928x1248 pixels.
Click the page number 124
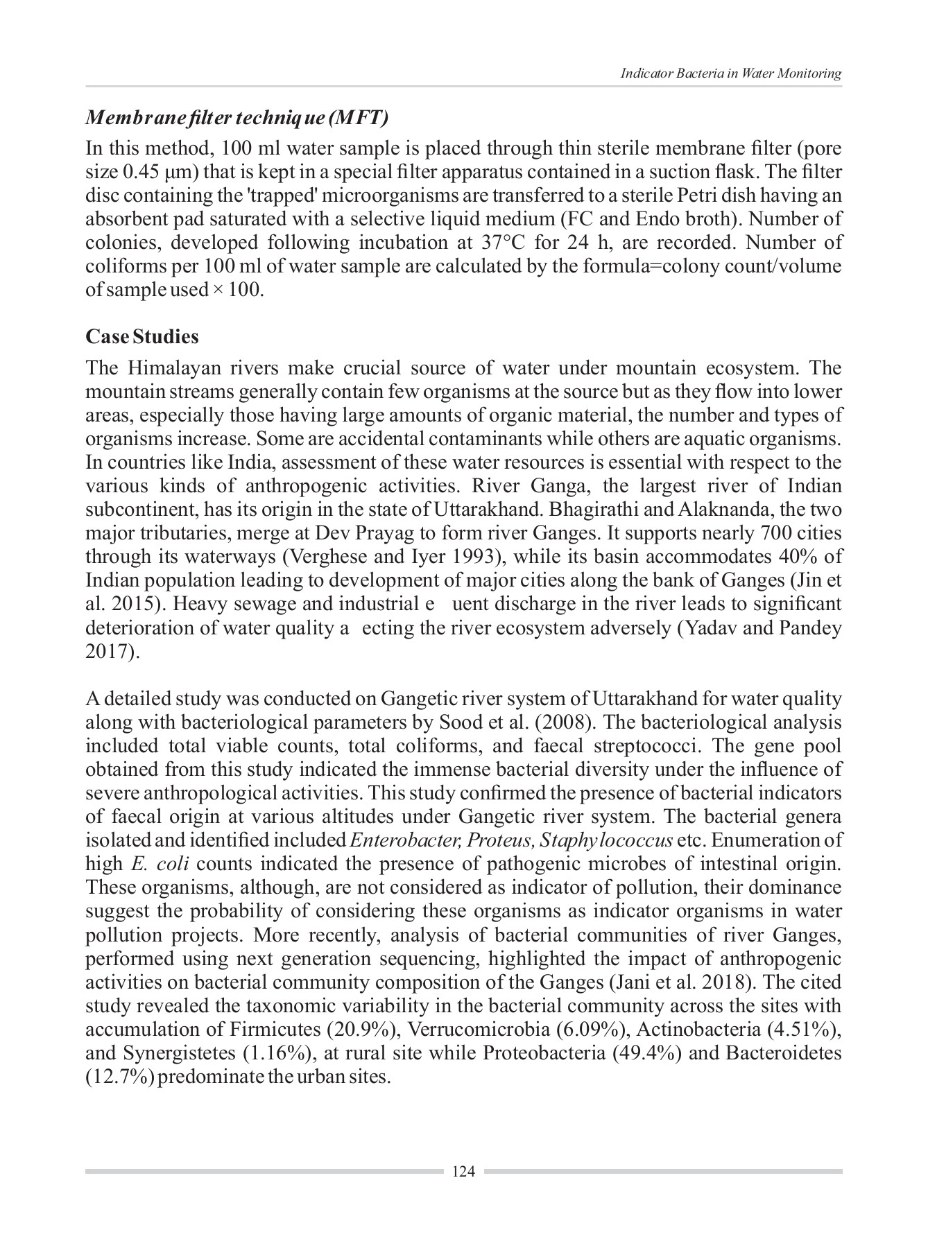463,1172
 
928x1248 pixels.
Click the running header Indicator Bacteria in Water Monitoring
730,73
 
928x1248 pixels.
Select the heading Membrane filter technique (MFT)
236,117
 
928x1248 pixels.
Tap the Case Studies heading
141,337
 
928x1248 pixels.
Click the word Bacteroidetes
784,1052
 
